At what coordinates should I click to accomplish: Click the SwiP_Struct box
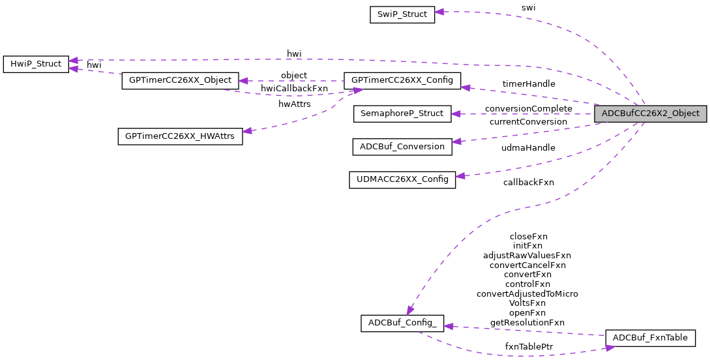coord(402,14)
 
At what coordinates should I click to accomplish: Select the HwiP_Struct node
coord(36,64)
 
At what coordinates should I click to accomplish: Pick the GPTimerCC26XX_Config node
coord(402,81)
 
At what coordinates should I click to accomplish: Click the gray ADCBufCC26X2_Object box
coord(650,113)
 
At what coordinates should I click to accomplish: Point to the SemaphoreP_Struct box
coord(402,113)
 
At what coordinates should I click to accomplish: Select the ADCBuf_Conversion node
coord(402,146)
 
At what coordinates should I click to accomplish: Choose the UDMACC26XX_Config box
coord(402,179)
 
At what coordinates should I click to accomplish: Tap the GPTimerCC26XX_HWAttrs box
coord(180,136)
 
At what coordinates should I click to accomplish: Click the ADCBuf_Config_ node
coord(402,323)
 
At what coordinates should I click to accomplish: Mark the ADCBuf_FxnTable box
coord(650,338)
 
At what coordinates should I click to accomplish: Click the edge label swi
coord(528,8)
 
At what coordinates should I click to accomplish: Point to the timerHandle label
coord(528,84)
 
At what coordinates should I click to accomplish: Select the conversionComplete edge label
coord(528,108)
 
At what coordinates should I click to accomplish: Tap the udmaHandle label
coord(528,148)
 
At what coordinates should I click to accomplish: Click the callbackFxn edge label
coord(528,183)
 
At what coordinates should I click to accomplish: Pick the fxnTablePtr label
coord(528,347)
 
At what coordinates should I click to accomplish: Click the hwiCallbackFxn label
coord(294,89)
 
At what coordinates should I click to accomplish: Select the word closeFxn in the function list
coord(528,237)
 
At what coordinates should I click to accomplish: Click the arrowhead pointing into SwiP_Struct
coord(439,12)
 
